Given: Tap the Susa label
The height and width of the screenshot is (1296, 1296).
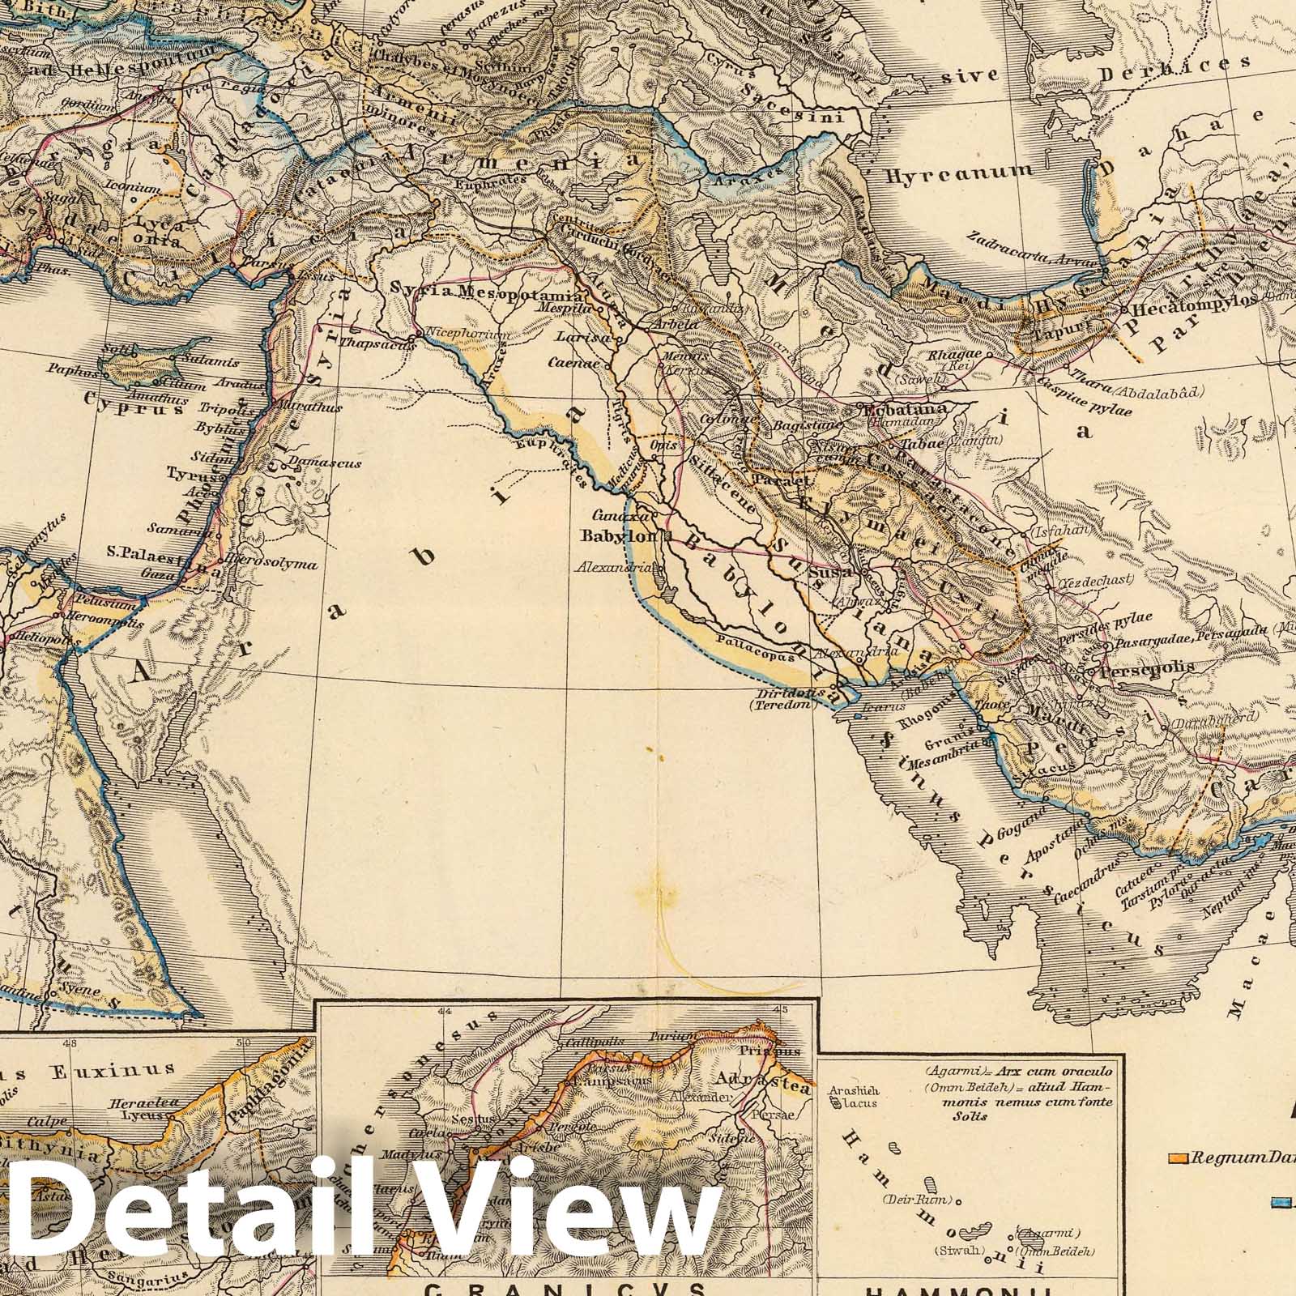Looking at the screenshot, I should (x=828, y=572).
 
